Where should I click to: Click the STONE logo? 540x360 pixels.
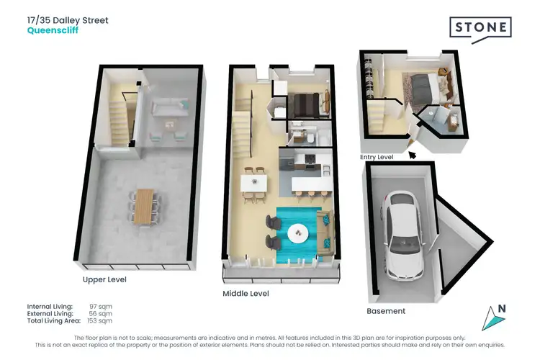(481, 28)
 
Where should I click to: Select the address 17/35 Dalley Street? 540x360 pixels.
(68, 20)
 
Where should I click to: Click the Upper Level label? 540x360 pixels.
(104, 279)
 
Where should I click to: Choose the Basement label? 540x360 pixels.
(386, 311)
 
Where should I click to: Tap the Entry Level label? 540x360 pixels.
(377, 156)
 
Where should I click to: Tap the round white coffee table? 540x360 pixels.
(298, 233)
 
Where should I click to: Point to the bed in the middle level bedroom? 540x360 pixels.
(307, 106)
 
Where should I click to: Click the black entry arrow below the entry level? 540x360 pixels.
(412, 152)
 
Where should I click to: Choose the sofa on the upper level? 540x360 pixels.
(166, 108)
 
